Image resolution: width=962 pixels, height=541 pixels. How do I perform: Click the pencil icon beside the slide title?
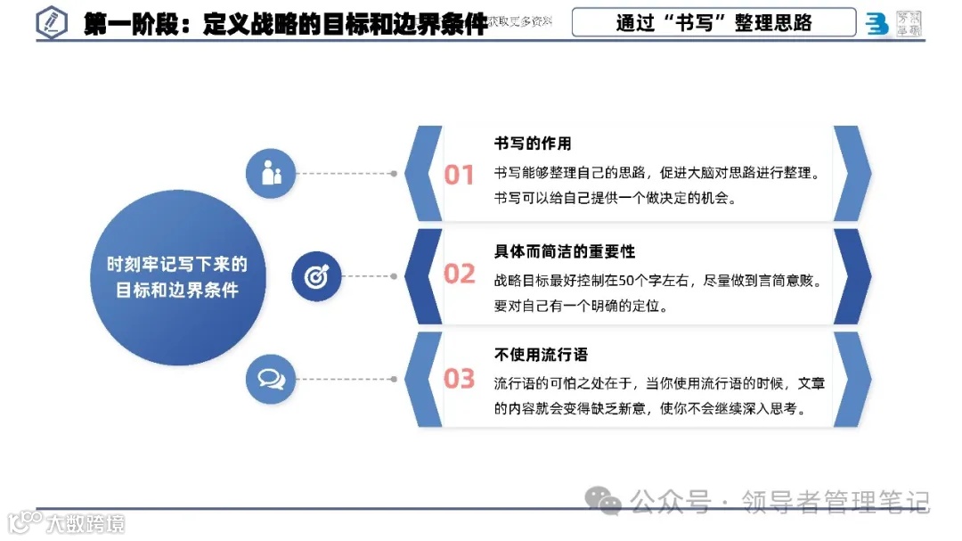pyautogui.click(x=52, y=23)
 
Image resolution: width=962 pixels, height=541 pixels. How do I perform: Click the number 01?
pyautogui.click(x=460, y=175)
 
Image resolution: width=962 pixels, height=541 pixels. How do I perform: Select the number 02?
pyautogui.click(x=460, y=275)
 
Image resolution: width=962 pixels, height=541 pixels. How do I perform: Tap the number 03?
pyautogui.click(x=460, y=379)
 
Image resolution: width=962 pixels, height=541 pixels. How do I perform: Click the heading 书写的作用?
pyautogui.click(x=533, y=143)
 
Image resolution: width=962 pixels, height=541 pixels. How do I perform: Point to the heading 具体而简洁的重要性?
pyautogui.click(x=565, y=251)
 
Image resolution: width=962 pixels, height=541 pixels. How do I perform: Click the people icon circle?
pyautogui.click(x=272, y=173)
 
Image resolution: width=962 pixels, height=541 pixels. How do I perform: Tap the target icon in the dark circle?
pyautogui.click(x=317, y=276)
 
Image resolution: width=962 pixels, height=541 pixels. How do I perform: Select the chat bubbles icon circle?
pyautogui.click(x=272, y=379)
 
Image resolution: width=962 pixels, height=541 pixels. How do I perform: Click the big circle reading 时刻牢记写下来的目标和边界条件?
pyautogui.click(x=178, y=277)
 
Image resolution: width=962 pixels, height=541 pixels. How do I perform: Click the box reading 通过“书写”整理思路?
pyautogui.click(x=713, y=23)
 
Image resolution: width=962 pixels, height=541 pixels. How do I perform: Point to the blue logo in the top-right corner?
pyautogui.click(x=877, y=24)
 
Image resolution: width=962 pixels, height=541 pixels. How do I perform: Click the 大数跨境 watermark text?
pyautogui.click(x=86, y=522)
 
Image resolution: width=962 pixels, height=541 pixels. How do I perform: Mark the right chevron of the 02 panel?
pyautogui.click(x=851, y=276)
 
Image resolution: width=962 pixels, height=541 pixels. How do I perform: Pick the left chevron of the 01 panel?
pyautogui.click(x=422, y=174)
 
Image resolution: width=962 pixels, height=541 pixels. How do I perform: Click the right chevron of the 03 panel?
pyautogui.click(x=851, y=379)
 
